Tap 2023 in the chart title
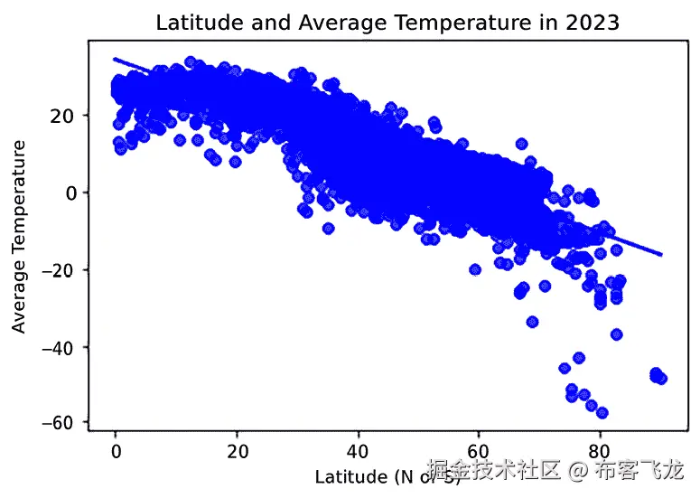pyautogui.click(x=594, y=23)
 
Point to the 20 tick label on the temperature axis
pyautogui.click(x=67, y=116)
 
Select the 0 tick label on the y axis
pyautogui.click(x=72, y=193)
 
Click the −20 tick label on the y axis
pyautogui.click(x=61, y=269)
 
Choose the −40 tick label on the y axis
pyautogui.click(x=61, y=346)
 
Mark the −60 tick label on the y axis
pyautogui.click(x=61, y=423)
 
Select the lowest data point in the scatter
pyautogui.click(x=602, y=413)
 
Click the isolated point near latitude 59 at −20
pyautogui.click(x=475, y=269)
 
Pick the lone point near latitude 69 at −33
pyautogui.click(x=533, y=322)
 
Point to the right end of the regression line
pyautogui.click(x=661, y=255)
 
